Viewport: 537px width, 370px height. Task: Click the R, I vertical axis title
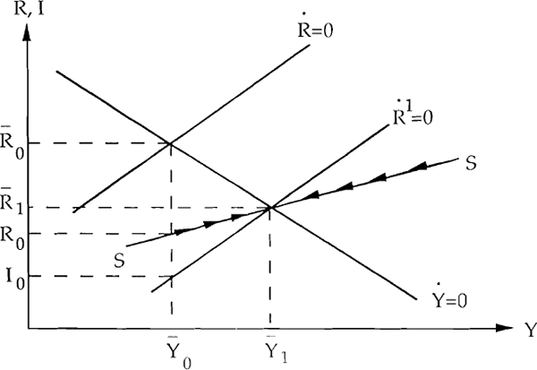point(30,9)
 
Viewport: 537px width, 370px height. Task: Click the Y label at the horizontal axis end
point(531,330)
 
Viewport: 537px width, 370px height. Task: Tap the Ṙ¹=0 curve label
point(413,114)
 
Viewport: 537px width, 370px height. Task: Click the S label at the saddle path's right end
point(472,163)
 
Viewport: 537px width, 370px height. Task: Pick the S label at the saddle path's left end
point(119,261)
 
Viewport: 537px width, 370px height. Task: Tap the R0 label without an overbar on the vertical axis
point(13,238)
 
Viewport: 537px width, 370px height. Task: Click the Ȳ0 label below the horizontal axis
point(179,351)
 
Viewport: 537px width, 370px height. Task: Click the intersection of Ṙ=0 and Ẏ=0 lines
point(170,143)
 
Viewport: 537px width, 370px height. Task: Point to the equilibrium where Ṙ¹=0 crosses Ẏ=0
point(270,207)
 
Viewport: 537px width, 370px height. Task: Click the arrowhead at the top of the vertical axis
point(27,33)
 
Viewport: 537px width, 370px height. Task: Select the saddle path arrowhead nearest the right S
point(419,167)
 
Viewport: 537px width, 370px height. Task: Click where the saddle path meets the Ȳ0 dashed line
point(171,234)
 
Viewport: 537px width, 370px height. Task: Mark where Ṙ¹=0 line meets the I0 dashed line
point(172,276)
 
